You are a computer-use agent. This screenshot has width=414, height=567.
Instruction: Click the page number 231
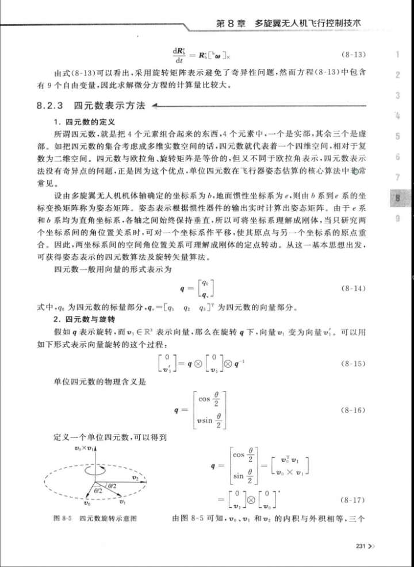[362, 546]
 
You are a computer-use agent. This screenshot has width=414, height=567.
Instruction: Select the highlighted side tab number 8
[397, 197]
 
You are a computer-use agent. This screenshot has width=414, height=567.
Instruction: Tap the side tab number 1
[397, 56]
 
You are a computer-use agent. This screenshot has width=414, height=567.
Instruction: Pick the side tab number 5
[397, 137]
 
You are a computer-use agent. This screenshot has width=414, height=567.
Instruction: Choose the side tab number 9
[397, 217]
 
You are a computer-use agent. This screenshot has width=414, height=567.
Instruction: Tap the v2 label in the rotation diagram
[136, 477]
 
